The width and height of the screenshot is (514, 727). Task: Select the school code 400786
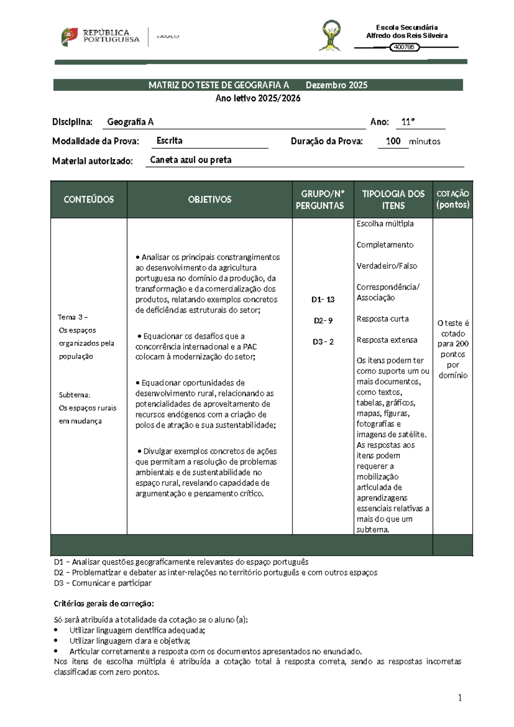tap(404, 47)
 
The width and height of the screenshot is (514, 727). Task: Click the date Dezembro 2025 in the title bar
tap(336, 85)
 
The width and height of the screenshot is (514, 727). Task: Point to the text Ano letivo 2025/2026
tap(258, 98)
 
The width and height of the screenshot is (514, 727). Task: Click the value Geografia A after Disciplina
tap(130, 122)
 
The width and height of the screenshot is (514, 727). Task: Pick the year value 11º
tap(408, 122)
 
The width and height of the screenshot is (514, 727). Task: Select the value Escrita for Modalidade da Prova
tap(170, 141)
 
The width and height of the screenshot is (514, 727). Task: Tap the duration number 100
tap(393, 141)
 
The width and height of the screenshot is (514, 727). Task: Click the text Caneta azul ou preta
tap(191, 160)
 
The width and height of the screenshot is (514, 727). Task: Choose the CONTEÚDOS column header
tap(89, 199)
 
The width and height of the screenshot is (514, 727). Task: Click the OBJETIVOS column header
tap(209, 199)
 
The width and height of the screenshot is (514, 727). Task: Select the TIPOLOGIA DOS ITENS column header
tap(393, 200)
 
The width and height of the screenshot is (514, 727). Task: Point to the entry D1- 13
tap(323, 300)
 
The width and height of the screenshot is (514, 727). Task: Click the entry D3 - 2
tap(323, 342)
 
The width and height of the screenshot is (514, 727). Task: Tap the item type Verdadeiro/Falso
tap(387, 266)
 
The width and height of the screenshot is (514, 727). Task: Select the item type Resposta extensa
tap(387, 340)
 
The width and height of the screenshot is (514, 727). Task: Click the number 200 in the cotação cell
tap(462, 344)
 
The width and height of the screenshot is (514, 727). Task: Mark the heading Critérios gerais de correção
tap(104, 604)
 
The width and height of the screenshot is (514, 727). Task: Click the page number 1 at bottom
tap(460, 698)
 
